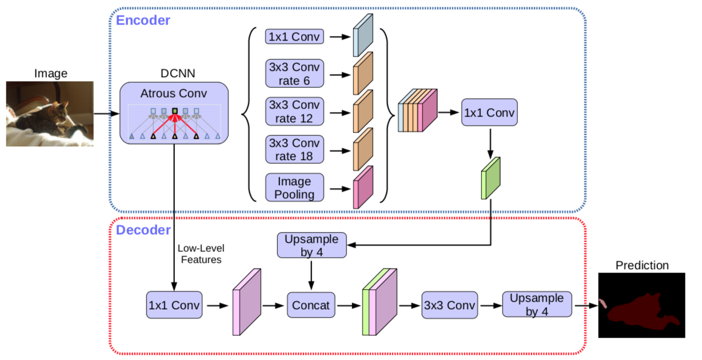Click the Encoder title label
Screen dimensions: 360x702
tap(143, 21)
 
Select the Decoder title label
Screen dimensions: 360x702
tap(143, 230)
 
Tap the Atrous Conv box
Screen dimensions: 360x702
tap(174, 113)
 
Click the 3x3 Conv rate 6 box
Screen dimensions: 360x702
tap(294, 73)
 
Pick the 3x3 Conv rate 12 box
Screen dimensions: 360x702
tap(294, 111)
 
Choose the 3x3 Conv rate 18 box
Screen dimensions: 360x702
tap(294, 149)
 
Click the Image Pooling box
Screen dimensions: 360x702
tap(294, 187)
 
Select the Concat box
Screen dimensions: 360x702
tap(311, 305)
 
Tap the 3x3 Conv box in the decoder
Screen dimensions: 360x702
tap(449, 305)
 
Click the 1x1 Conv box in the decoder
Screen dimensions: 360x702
tap(174, 305)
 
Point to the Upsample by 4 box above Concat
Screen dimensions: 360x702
tap(312, 245)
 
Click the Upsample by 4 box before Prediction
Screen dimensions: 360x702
tap(536, 305)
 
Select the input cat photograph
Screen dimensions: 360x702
tap(50, 114)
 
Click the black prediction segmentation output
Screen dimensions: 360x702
tap(641, 305)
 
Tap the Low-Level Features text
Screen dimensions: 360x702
tap(201, 254)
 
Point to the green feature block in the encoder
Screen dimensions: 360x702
tap(490, 178)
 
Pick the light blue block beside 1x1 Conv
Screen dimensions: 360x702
tap(362, 35)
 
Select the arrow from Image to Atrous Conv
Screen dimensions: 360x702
tap(106, 113)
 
